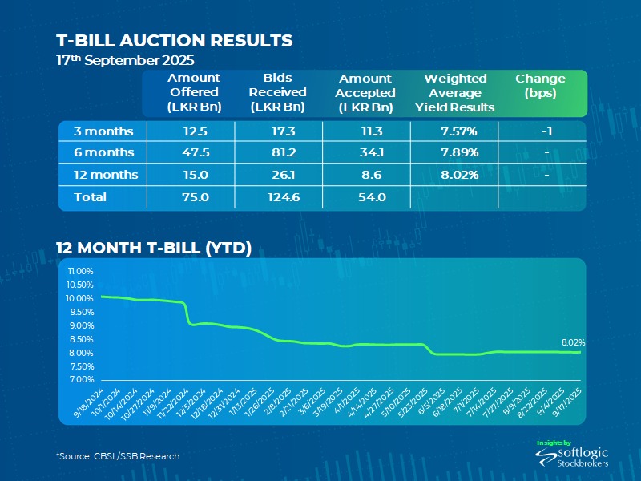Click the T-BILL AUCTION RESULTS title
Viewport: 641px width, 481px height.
click(x=174, y=40)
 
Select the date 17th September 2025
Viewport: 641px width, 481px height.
click(x=124, y=61)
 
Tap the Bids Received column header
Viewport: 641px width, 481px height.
click(x=276, y=92)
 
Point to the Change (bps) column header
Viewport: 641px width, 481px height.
click(x=540, y=85)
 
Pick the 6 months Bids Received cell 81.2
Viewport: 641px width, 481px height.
click(x=276, y=152)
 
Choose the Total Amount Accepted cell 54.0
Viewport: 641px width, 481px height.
click(x=365, y=197)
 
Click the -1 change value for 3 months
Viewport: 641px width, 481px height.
click(x=540, y=131)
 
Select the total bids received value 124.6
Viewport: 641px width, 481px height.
click(x=276, y=197)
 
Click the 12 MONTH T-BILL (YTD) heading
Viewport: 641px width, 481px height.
click(x=153, y=248)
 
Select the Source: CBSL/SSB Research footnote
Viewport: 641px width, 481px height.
click(x=118, y=455)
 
